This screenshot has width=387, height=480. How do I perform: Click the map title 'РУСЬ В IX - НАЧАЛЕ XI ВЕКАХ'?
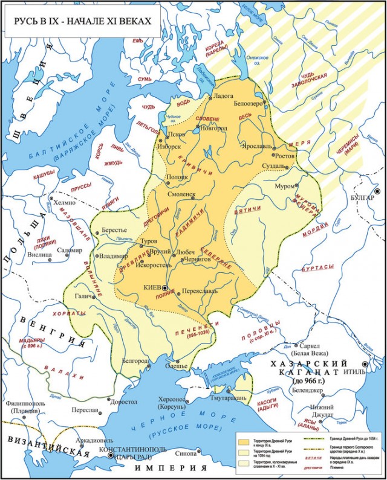tap(79, 21)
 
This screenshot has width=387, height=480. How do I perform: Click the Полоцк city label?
tap(177, 177)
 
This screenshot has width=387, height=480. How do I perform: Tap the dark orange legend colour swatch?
tap(244, 438)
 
